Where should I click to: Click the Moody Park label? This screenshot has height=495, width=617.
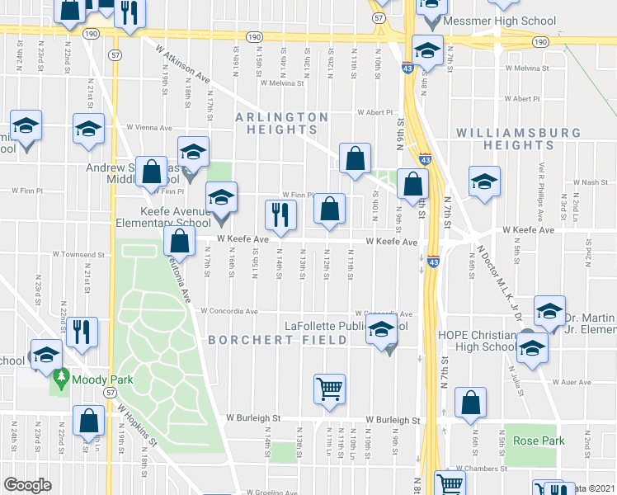click(x=99, y=380)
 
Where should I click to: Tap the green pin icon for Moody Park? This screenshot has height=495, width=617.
click(x=60, y=380)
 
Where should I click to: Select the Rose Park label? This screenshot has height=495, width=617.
click(x=539, y=441)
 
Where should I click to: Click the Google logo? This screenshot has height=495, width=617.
click(x=27, y=484)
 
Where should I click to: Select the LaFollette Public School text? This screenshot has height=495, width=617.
click(x=346, y=326)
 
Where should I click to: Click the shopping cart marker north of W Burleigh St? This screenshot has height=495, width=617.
click(x=329, y=389)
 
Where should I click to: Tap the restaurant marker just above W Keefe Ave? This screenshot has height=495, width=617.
click(x=280, y=214)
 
